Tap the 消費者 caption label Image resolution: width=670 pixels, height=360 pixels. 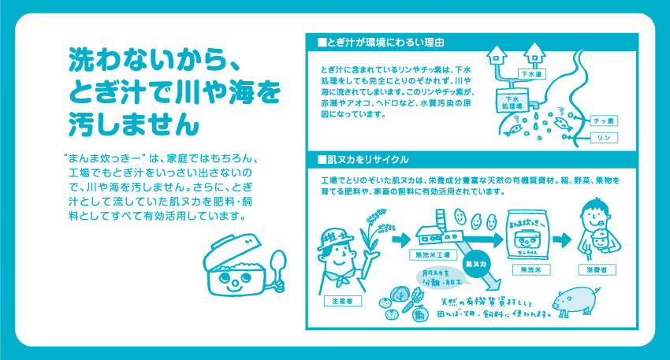pos(598,269)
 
